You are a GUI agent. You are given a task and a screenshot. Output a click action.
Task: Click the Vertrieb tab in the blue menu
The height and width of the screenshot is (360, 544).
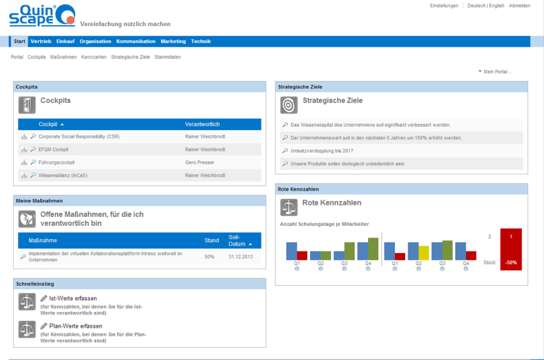click(40, 42)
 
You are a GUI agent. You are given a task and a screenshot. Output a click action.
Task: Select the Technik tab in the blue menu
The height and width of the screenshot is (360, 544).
click(201, 42)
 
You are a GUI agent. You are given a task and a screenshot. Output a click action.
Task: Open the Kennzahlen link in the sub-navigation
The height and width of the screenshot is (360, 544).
click(94, 57)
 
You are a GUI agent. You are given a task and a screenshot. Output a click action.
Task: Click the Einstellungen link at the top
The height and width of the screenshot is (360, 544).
click(444, 6)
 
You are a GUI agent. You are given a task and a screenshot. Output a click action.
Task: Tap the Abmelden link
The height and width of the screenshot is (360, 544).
click(519, 6)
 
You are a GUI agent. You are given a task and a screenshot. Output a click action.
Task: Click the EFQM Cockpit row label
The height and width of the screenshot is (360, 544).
click(53, 150)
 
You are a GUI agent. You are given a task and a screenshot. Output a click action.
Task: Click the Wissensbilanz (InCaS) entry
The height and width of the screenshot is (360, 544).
click(63, 175)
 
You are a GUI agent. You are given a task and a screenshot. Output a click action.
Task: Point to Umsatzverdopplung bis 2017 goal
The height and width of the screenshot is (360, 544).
click(322, 151)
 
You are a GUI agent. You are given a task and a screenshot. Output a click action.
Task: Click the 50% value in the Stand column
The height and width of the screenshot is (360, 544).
click(210, 257)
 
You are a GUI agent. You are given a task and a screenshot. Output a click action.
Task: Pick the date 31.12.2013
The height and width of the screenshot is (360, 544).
click(241, 257)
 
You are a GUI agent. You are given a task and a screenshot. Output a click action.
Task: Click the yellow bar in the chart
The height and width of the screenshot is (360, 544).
click(424, 252)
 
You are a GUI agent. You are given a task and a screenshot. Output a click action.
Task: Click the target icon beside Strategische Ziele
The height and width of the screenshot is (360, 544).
click(289, 105)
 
